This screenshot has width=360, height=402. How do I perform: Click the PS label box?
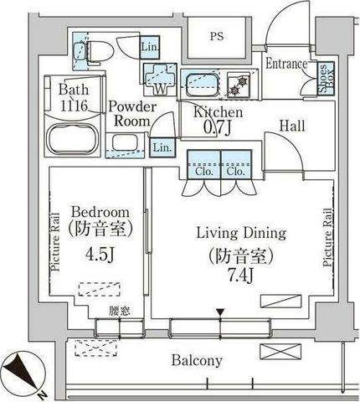[x=217, y=37]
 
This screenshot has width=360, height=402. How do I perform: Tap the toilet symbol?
[x=94, y=52]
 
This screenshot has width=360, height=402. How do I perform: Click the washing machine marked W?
[x=160, y=79]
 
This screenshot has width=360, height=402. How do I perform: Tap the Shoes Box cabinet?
[x=327, y=79]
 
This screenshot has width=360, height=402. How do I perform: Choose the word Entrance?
[x=286, y=64]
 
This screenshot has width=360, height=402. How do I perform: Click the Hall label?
[x=292, y=126]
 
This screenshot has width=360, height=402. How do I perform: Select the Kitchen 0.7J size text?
[x=218, y=128]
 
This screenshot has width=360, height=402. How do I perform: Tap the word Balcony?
[x=197, y=360]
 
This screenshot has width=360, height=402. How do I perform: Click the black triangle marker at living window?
[x=220, y=312]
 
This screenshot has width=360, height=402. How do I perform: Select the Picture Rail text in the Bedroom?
[x=55, y=242]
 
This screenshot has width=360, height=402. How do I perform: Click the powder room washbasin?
[x=125, y=144]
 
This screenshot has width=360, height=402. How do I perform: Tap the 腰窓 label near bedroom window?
[x=120, y=312]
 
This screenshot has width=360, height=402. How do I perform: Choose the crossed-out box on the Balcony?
[x=280, y=352]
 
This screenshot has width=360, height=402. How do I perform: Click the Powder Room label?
[x=132, y=114]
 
